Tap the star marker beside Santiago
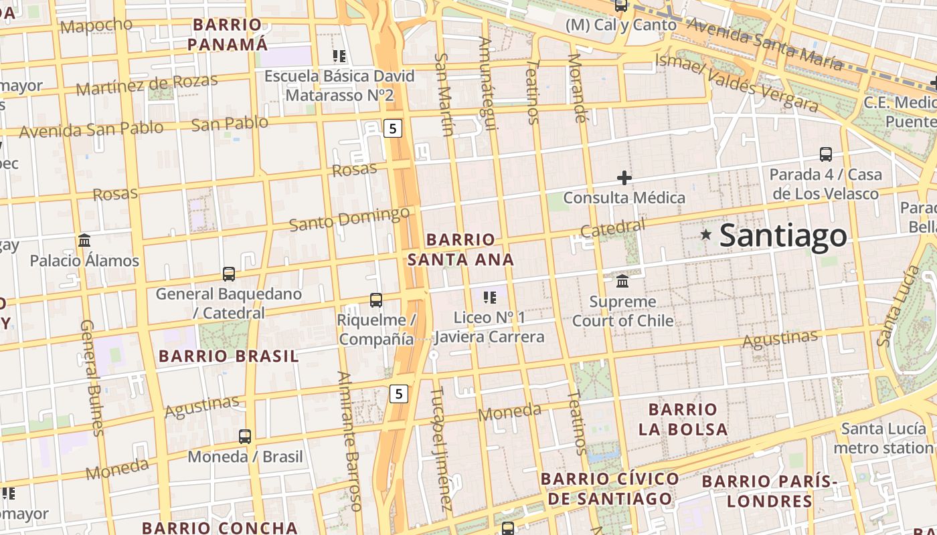click(x=705, y=234)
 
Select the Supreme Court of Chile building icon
click(x=622, y=280)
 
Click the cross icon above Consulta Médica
click(x=624, y=178)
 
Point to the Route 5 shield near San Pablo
click(x=393, y=128)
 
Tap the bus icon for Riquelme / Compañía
click(x=376, y=300)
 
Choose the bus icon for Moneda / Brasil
click(x=245, y=437)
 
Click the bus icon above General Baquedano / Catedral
click(x=229, y=274)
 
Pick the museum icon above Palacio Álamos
click(x=84, y=240)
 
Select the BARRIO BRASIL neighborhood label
click(x=229, y=356)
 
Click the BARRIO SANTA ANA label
click(x=461, y=249)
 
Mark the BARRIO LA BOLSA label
click(x=683, y=419)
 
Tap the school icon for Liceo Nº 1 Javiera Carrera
click(x=489, y=297)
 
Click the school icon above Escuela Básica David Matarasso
click(x=339, y=56)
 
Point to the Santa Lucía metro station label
click(x=883, y=438)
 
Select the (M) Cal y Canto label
click(x=621, y=25)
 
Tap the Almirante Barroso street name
click(x=349, y=441)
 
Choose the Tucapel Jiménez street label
click(x=440, y=448)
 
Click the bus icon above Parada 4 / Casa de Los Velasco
click(x=826, y=154)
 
